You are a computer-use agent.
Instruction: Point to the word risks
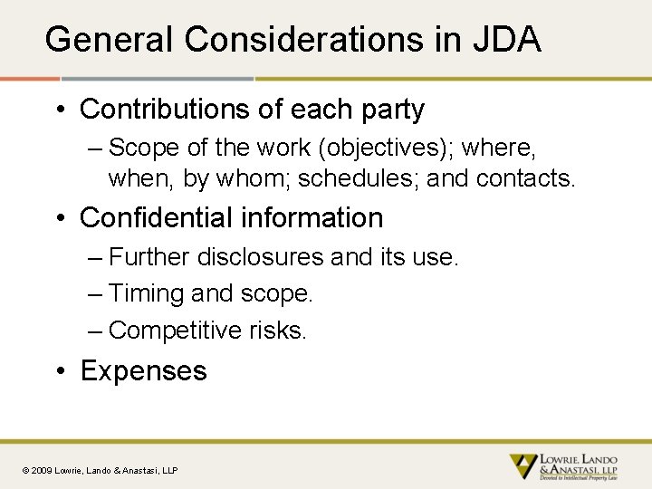point(278,331)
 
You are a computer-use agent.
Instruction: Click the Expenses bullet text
point(144,371)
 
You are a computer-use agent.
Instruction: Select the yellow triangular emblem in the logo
point(523,465)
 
